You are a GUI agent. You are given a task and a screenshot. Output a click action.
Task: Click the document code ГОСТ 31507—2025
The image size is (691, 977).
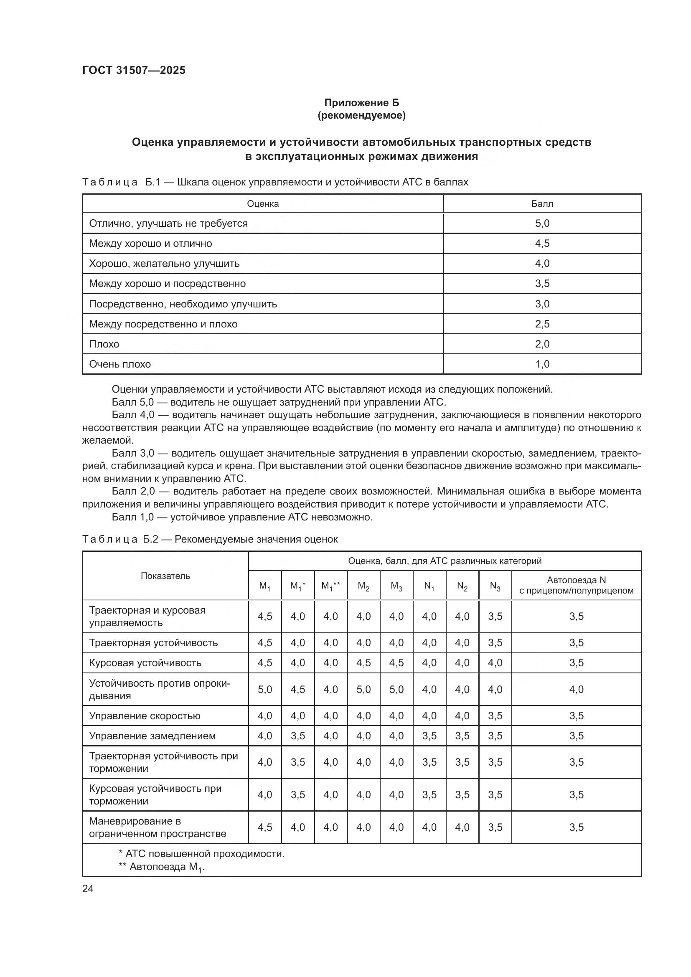point(134,70)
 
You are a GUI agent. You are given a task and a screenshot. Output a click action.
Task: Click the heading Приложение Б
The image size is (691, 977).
point(361,103)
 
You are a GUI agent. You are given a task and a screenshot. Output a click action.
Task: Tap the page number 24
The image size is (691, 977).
point(88,888)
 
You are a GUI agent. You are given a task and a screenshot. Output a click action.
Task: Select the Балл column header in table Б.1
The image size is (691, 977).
point(542,204)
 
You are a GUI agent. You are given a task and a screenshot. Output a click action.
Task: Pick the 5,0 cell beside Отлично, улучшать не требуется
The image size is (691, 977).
point(542,223)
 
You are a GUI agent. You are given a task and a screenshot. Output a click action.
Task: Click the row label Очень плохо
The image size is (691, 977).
point(119,364)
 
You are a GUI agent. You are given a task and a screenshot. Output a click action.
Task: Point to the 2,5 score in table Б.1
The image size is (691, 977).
point(542,324)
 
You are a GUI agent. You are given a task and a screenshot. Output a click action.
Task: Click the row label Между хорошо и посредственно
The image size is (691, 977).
point(167,284)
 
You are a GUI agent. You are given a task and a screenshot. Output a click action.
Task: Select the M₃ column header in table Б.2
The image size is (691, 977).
point(396,586)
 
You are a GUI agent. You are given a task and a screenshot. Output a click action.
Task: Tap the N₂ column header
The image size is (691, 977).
point(462,586)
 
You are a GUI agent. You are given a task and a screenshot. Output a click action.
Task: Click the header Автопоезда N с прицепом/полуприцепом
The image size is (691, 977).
point(576,586)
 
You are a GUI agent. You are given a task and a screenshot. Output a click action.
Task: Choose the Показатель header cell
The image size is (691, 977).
point(165,576)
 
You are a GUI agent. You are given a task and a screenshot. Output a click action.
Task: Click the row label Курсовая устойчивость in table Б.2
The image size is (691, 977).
point(145,663)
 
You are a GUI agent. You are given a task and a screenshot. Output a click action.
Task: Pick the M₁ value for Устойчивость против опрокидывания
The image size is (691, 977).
point(264,689)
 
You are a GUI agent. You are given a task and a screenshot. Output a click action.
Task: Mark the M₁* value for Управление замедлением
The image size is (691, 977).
point(297,736)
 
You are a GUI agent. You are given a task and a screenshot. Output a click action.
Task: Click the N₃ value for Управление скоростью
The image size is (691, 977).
point(495,716)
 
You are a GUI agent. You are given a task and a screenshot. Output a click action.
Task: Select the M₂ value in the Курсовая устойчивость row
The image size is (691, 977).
point(363,663)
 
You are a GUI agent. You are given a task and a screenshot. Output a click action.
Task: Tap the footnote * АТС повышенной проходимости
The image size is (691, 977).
point(201,854)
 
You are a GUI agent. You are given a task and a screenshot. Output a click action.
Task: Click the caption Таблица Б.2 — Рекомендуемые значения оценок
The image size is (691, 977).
point(210,539)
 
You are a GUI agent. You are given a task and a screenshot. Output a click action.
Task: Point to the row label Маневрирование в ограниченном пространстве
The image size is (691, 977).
point(157,827)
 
